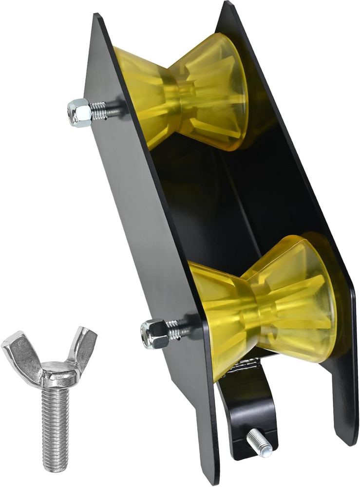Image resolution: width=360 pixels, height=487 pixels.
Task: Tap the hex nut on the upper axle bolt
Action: [x=79, y=112]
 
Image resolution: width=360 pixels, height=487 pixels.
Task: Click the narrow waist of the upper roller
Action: [x=180, y=93]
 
